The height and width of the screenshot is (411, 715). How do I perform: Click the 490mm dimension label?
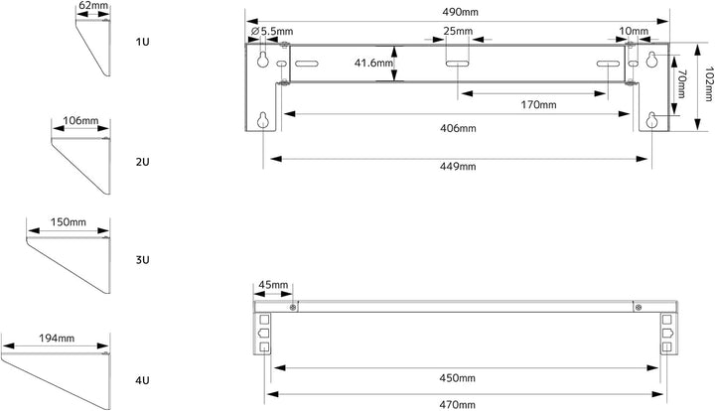coord(460,12)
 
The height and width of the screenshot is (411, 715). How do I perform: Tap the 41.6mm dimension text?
coord(373,63)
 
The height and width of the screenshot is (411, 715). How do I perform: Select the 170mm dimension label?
coord(538,105)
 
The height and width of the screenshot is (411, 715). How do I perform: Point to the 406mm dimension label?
coord(458,128)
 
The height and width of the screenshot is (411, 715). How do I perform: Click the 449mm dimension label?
coord(458,167)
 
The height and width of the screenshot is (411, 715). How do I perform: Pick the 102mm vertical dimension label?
coord(709,83)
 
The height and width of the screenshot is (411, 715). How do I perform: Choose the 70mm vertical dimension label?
coord(681,83)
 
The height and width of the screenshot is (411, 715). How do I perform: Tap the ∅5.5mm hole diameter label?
coord(272,32)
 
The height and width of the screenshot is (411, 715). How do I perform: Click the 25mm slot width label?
coord(458,31)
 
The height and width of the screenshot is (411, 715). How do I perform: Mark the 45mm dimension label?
coord(273,285)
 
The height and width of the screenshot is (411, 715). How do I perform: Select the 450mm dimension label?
coord(457,378)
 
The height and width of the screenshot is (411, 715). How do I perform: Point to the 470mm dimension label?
coord(457,405)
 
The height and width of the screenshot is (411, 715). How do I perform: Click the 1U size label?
coord(142,42)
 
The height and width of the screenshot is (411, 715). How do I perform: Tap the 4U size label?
coord(142,380)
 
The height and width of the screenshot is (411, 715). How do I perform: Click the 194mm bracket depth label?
coord(57,339)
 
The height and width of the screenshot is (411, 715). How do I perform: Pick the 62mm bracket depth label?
coord(93,6)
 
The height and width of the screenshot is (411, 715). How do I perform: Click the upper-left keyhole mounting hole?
coord(262,60)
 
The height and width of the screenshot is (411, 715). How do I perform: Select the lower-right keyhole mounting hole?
coord(652,120)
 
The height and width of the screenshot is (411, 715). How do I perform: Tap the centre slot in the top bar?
coord(458,64)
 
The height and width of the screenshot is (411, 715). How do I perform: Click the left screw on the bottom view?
coord(293,307)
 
